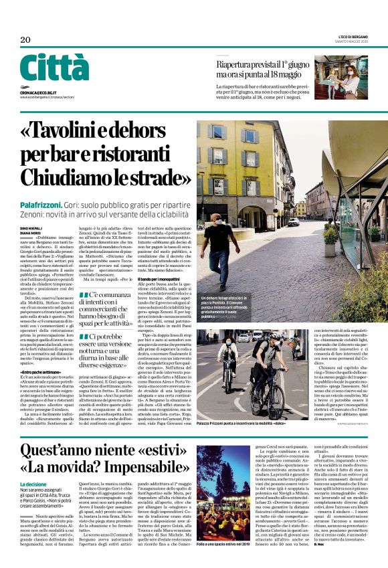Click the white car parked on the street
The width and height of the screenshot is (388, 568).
(x=294, y=221)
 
